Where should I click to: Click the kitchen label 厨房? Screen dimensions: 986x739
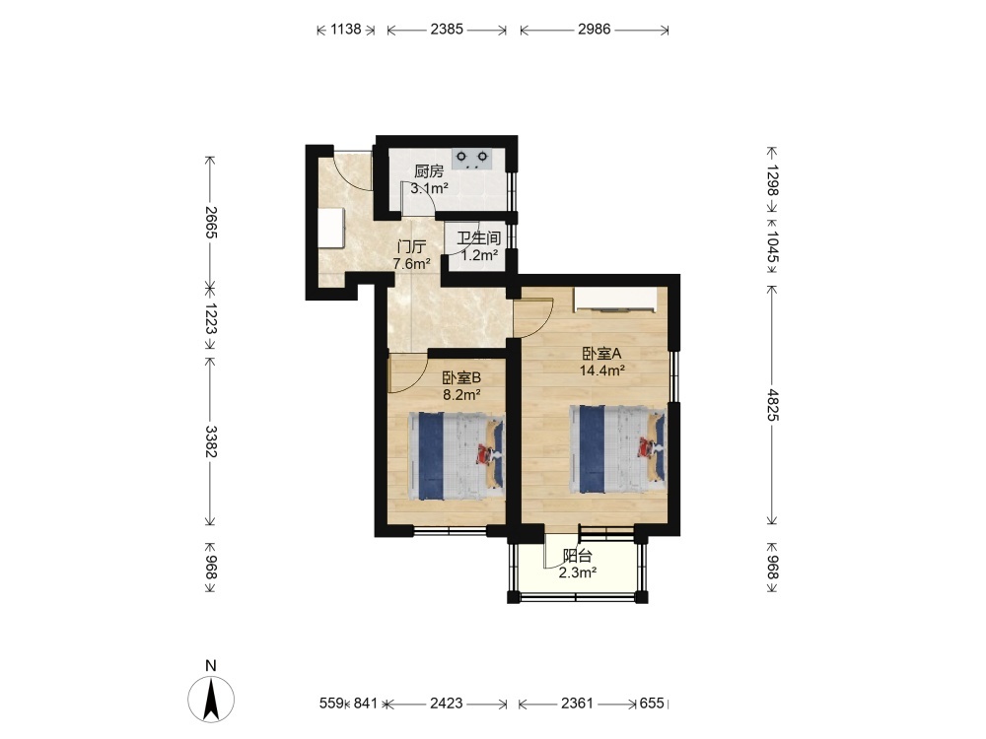(429, 170)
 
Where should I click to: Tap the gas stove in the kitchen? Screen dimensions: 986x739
(472, 159)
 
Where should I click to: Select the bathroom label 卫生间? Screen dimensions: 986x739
(478, 238)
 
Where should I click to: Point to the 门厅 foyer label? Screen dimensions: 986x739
(412, 246)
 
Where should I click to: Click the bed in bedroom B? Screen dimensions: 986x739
(457, 455)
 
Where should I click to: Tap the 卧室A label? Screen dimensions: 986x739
(601, 354)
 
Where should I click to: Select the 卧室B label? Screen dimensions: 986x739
(461, 377)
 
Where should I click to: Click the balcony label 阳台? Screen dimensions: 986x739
(577, 556)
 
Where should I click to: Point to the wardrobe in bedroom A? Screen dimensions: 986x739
(616, 301)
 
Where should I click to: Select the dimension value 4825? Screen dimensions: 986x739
(773, 405)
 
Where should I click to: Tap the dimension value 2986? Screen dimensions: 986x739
(595, 29)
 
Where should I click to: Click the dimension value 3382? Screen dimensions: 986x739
(211, 441)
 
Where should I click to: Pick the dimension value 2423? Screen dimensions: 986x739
(447, 704)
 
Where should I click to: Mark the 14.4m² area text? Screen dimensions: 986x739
(601, 370)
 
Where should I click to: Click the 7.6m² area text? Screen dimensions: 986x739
(412, 263)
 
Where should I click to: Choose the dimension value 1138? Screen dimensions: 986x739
(346, 29)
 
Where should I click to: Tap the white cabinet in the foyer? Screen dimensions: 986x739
(331, 229)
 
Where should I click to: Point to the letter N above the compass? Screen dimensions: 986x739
(211, 666)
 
